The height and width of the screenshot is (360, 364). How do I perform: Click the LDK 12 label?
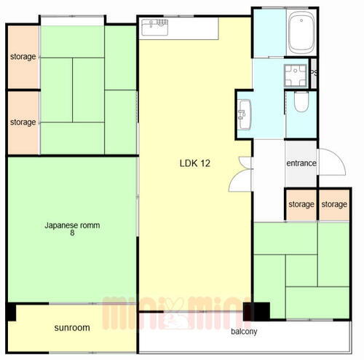click(x=195, y=163)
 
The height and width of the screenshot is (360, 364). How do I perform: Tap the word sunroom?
click(x=72, y=328)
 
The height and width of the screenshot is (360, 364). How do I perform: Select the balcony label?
click(x=244, y=332)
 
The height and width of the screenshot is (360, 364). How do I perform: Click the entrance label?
click(x=301, y=163)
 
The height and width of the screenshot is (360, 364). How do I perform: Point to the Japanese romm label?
click(x=72, y=225)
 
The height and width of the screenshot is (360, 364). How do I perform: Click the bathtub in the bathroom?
click(x=301, y=32)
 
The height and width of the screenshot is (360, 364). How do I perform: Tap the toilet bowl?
click(x=301, y=102)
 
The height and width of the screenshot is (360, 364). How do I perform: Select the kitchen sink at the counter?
click(x=155, y=27)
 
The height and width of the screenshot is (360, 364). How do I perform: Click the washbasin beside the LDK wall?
click(x=244, y=114)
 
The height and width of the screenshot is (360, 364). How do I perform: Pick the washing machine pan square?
click(x=296, y=76)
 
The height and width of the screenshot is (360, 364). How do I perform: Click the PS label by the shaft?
click(x=314, y=73)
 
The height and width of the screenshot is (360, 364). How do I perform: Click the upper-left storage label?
click(x=23, y=57)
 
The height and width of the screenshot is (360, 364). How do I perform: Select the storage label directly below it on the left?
click(x=23, y=122)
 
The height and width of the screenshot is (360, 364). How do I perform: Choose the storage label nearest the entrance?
click(x=301, y=205)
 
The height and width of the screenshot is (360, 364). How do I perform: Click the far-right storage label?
click(x=334, y=205)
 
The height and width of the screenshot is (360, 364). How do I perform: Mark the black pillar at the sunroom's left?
click(x=11, y=312)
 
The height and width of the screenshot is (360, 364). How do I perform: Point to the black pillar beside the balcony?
click(x=256, y=311)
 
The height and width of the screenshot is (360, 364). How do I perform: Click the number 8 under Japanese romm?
click(x=72, y=233)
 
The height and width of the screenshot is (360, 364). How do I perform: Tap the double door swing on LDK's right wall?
click(x=240, y=174)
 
